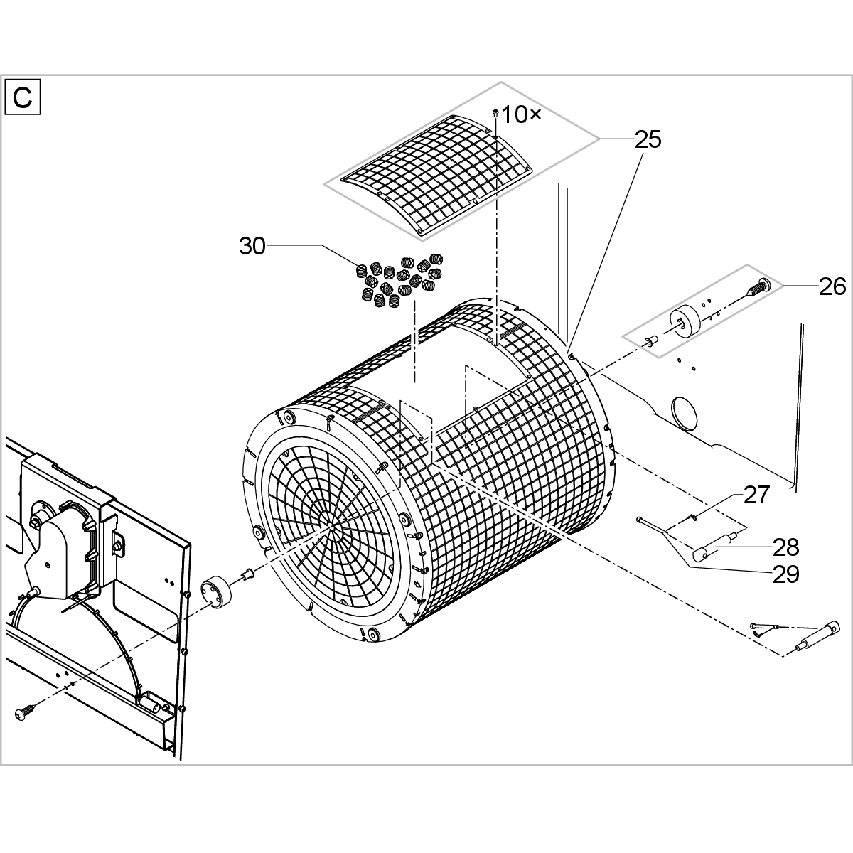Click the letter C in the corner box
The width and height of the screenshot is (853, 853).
tap(23, 97)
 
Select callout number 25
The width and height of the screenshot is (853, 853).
tap(648, 139)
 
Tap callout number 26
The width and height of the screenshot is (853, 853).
tap(832, 286)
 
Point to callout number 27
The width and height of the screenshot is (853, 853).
tap(756, 495)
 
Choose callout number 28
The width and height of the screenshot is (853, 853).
tap(785, 547)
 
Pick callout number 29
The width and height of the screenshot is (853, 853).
tap(785, 574)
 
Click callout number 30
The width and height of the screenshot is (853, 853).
tap(252, 246)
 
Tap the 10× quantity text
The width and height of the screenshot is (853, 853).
tap(522, 115)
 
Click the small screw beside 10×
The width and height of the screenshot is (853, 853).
tap(496, 113)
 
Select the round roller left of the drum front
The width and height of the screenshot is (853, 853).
tap(215, 592)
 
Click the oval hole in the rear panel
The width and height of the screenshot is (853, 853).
tap(684, 412)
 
